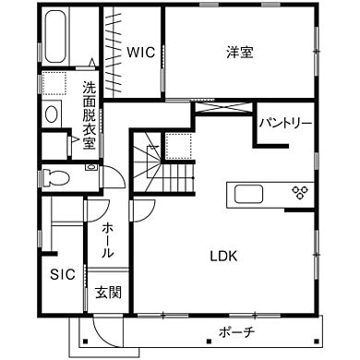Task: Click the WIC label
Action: [x=141, y=51]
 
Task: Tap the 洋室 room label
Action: [x=240, y=52]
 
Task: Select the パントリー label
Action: [x=284, y=122]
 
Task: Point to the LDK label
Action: [x=223, y=256]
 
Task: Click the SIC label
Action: [x=62, y=274]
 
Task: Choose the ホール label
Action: [x=108, y=239]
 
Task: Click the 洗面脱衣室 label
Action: [x=89, y=108]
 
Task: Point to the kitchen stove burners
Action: [x=300, y=193]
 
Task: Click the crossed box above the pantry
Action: [x=222, y=110]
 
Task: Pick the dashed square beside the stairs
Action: [x=177, y=145]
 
